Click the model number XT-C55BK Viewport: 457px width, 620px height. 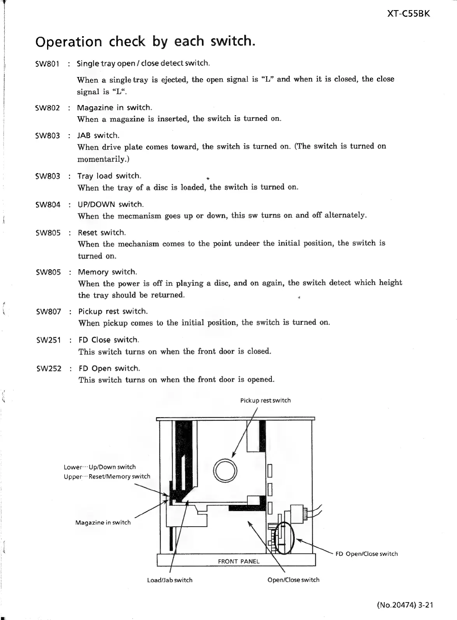click(x=409, y=14)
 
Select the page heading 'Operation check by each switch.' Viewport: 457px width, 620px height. click(x=145, y=41)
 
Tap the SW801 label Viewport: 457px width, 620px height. click(x=47, y=64)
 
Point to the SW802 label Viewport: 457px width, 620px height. click(x=47, y=108)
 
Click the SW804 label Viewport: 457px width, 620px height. click(x=48, y=205)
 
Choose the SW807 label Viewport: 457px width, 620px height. click(x=48, y=312)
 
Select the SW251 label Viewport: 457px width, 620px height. click(x=48, y=340)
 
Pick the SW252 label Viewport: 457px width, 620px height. click(x=49, y=369)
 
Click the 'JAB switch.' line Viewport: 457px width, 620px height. click(x=98, y=135)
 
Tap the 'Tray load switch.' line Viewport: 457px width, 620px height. click(x=109, y=176)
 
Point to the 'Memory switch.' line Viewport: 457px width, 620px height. click(x=107, y=272)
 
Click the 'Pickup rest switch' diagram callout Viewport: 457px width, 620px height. click(x=265, y=401)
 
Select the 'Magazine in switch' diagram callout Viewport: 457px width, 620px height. click(x=103, y=522)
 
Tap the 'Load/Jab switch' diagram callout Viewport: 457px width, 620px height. click(x=170, y=580)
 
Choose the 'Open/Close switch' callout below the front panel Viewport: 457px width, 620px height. click(x=294, y=580)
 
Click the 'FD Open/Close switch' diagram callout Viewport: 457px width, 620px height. click(x=366, y=554)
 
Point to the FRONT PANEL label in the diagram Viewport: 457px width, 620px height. click(x=238, y=561)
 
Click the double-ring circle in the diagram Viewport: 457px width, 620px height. click(x=225, y=471)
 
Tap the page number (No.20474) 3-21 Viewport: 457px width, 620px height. click(x=404, y=605)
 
